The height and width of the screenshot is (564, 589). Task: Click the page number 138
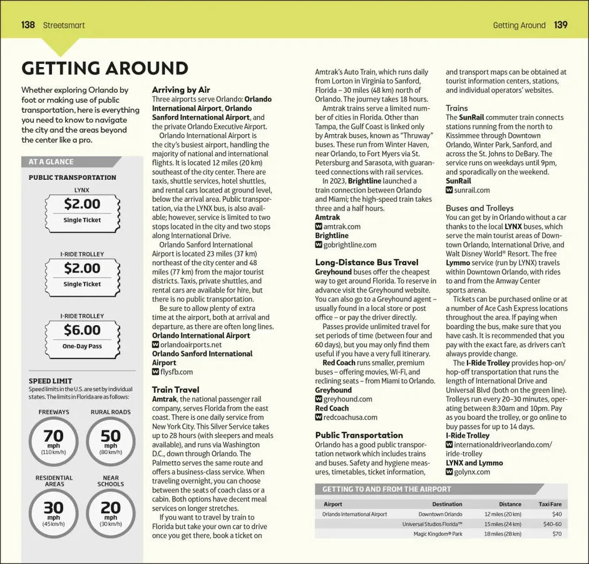[x=28, y=25]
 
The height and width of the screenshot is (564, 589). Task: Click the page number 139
[x=560, y=25]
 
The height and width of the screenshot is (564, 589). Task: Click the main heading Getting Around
[x=105, y=68]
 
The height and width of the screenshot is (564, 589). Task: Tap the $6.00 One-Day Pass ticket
[x=82, y=337]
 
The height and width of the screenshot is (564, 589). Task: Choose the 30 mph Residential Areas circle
[x=54, y=511]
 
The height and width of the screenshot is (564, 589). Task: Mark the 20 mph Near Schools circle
[x=110, y=511]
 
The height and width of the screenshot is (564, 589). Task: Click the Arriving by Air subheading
[x=181, y=90]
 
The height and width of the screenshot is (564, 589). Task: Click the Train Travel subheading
[x=175, y=390]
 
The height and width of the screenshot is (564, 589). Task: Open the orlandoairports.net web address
[x=191, y=345]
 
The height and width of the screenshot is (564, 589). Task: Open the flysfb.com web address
[x=180, y=372]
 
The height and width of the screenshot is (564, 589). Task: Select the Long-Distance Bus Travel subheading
[x=366, y=263]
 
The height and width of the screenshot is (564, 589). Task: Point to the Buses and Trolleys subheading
[x=479, y=208]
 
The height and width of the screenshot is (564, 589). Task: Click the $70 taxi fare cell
[x=556, y=534]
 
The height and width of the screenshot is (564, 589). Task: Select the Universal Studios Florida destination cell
[x=432, y=524]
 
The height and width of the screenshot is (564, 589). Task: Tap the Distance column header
[x=510, y=504]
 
